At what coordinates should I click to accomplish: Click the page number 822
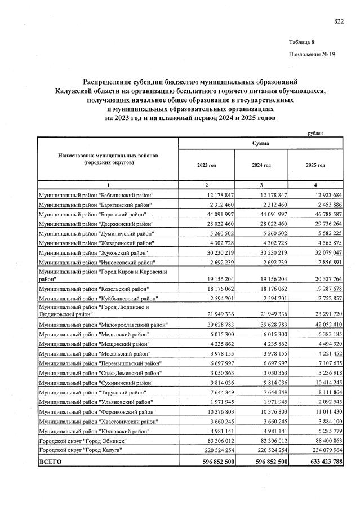pos(339,21)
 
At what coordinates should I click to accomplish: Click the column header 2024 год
pos(261,165)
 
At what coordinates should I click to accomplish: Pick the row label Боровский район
pos(92,215)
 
